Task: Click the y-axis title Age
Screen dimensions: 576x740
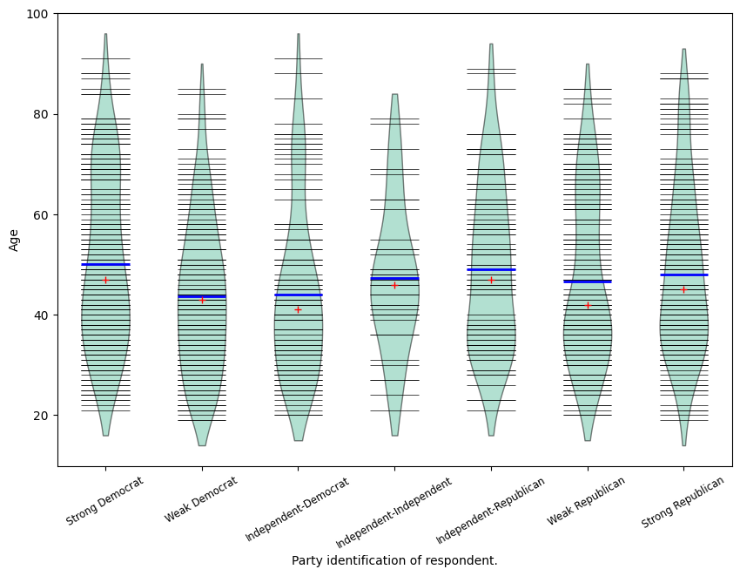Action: pos(13,240)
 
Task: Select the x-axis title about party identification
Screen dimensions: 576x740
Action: pos(394,560)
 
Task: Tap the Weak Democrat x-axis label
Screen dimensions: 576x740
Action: pos(201,499)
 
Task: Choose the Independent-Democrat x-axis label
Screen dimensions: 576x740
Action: pos(298,509)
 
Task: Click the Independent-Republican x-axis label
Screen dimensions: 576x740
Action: pos(490,510)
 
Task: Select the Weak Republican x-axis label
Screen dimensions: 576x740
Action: pos(587,501)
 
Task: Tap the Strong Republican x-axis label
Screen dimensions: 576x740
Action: pos(683,502)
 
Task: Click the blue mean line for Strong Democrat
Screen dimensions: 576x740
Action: pos(105,264)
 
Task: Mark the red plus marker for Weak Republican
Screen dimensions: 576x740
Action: pos(588,305)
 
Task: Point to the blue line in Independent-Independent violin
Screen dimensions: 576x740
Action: pos(394,279)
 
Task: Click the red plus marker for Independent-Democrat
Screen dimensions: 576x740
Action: pos(298,309)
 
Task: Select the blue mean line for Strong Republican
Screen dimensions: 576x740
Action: pos(683,274)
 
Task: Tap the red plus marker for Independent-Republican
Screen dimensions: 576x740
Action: pos(491,280)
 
